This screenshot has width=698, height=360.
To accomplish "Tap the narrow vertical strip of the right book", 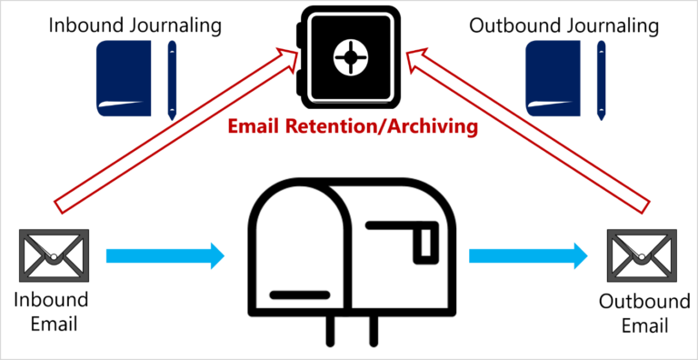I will pos(601,79).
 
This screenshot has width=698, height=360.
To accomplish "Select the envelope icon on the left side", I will pos(54,255).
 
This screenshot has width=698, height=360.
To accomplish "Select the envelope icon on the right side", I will pos(643,255).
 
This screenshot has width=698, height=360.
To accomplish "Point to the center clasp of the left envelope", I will pos(54,258).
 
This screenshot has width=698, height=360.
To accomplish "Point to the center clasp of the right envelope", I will pos(643,258).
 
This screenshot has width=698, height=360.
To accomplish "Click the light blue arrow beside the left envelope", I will pos(164,255).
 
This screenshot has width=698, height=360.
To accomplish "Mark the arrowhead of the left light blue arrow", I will pos(217,255).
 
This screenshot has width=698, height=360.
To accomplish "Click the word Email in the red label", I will pos(254,127).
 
